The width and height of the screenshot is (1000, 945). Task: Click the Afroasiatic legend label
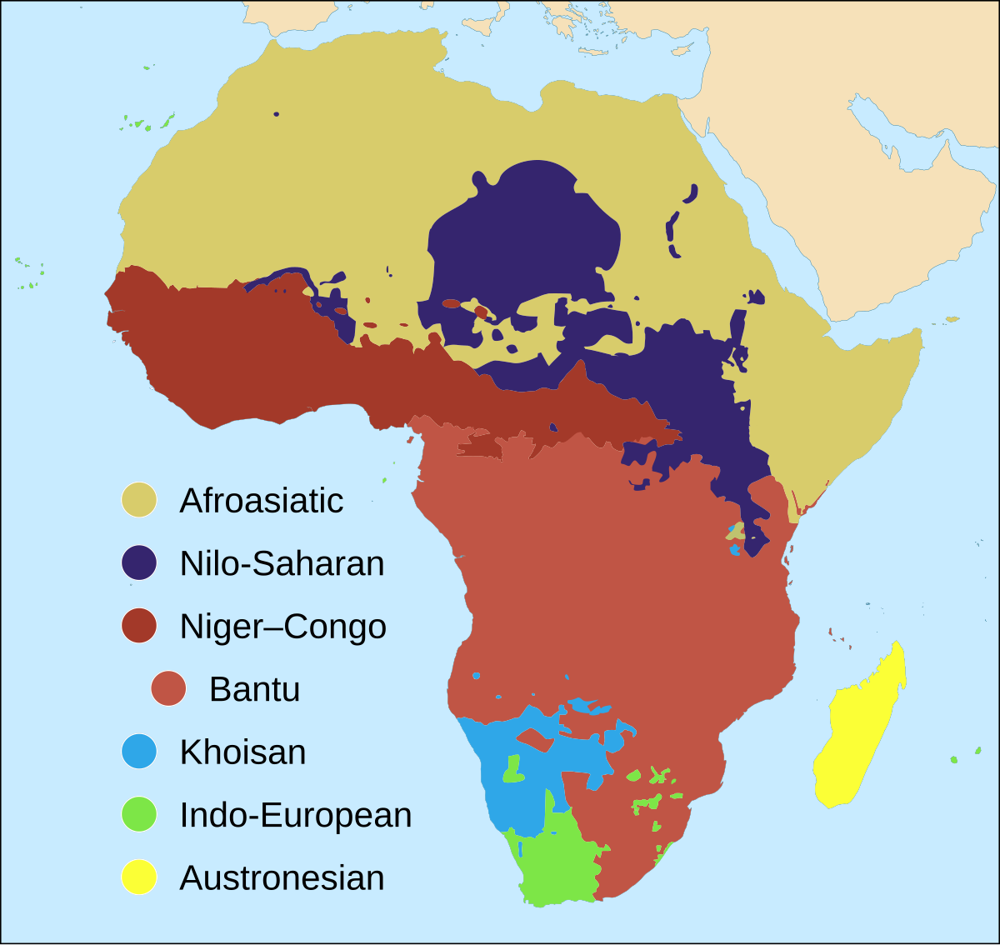pos(261,501)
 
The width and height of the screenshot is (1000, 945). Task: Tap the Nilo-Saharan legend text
pos(282,564)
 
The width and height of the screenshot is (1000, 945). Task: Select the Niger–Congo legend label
pos(282,627)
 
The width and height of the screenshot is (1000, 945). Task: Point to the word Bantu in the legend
pos(254,689)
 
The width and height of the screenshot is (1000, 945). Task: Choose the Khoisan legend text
pos(242,752)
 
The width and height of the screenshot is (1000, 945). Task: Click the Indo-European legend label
pos(295,815)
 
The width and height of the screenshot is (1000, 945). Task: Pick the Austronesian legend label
pos(282,878)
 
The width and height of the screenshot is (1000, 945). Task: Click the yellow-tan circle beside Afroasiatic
pos(139,500)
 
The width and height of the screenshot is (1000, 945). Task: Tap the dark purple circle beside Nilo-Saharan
pos(139,563)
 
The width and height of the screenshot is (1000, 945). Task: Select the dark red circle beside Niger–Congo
pos(139,626)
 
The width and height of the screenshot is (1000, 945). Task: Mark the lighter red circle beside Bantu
pos(168,688)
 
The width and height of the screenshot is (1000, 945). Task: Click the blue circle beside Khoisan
pos(139,752)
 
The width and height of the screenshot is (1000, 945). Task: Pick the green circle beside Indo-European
pos(139,814)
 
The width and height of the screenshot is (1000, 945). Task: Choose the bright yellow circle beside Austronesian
pos(139,877)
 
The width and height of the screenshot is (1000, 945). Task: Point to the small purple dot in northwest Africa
pos(276,114)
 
